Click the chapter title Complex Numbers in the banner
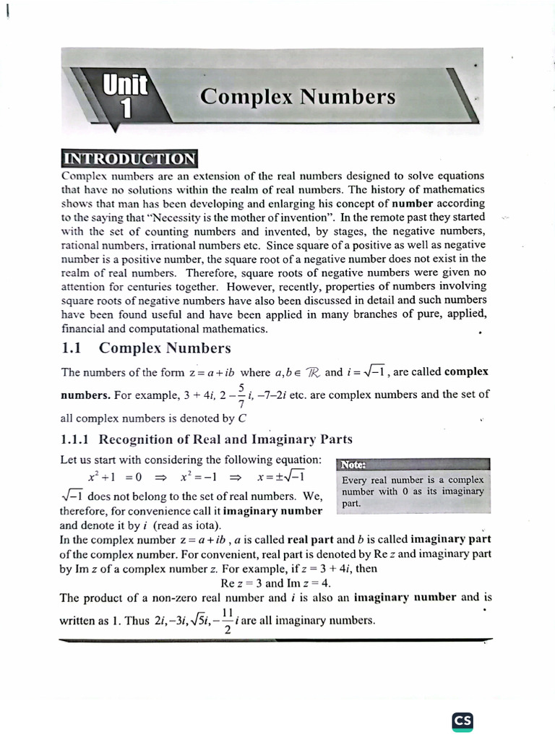pos(298,97)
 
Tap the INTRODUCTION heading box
pos(130,159)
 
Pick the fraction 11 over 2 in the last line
pos(226,620)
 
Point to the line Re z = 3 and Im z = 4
pos(275,582)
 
